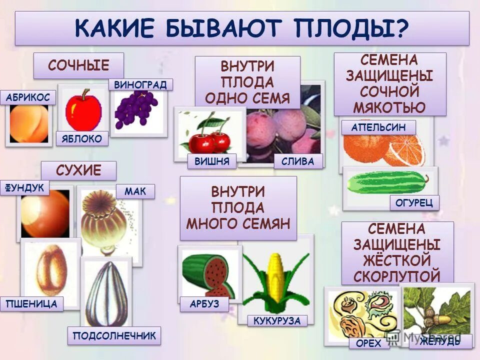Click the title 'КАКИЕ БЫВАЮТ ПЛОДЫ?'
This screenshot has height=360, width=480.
242,28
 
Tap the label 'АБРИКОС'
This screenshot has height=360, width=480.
28,97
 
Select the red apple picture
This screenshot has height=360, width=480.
83,110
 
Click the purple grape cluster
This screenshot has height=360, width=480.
135,109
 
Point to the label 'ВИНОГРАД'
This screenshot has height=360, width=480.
140,84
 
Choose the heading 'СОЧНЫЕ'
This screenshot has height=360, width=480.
78,65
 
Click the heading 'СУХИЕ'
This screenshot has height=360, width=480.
78,171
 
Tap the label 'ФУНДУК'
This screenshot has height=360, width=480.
25,188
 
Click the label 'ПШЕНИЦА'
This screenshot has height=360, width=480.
32,303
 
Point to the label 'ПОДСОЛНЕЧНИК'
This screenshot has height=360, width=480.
114,336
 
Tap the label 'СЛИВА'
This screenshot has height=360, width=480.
298,161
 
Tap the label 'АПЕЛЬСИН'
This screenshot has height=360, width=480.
378,127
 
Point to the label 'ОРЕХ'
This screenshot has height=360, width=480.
369,343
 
